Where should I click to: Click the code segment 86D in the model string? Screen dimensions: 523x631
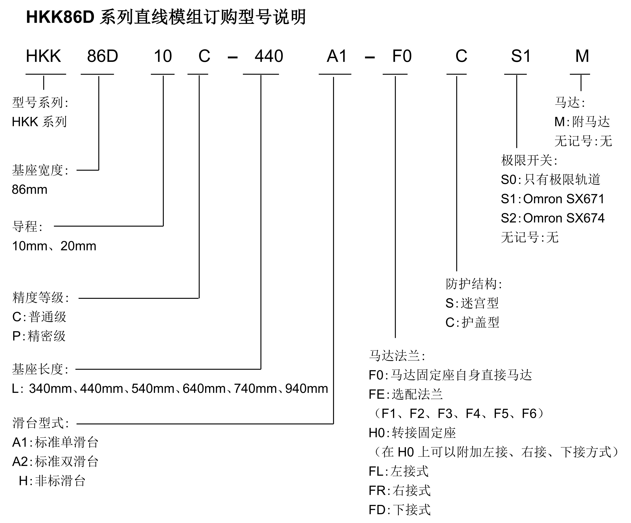pyautogui.click(x=102, y=56)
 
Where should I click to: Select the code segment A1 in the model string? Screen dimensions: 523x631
pyautogui.click(x=337, y=56)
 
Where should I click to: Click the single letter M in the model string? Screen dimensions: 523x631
pyautogui.click(x=582, y=56)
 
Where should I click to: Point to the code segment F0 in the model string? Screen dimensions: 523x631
pyautogui.click(x=402, y=56)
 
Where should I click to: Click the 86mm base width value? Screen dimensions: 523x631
pyautogui.click(x=29, y=189)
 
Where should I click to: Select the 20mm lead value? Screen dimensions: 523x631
pyautogui.click(x=78, y=246)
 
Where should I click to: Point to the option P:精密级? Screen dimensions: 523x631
pyautogui.click(x=39, y=336)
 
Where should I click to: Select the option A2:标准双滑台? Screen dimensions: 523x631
pyautogui.click(x=55, y=461)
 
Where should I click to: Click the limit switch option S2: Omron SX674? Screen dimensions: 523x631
pyautogui.click(x=552, y=218)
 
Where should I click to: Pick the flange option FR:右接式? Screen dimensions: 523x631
pyautogui.click(x=399, y=491)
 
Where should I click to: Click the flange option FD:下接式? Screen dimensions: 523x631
pyautogui.click(x=399, y=510)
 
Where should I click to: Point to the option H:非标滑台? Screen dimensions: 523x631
pyautogui.click(x=52, y=481)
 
